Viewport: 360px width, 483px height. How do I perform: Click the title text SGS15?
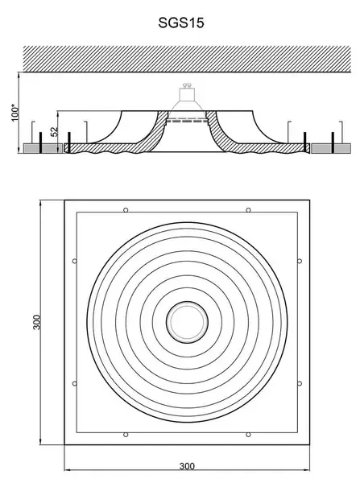pyautogui.click(x=181, y=23)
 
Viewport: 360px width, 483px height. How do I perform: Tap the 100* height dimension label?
pyautogui.click(x=15, y=113)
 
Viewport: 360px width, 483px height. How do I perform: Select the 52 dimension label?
pyautogui.click(x=54, y=131)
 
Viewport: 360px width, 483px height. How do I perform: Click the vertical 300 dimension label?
pyautogui.click(x=37, y=322)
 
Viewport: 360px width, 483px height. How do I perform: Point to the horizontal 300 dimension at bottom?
pyautogui.click(x=187, y=466)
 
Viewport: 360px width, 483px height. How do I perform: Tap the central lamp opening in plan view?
pyautogui.click(x=187, y=322)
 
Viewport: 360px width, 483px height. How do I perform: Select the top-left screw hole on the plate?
pyautogui.click(x=126, y=210)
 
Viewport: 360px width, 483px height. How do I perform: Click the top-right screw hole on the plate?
pyautogui.click(x=248, y=210)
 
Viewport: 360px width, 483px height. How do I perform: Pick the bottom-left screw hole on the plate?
pyautogui.click(x=126, y=435)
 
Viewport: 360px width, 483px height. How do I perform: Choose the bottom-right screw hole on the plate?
pyautogui.click(x=248, y=435)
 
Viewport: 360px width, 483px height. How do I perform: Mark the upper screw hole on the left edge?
pyautogui.click(x=75, y=261)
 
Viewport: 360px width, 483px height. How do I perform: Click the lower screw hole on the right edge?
pyautogui.click(x=300, y=383)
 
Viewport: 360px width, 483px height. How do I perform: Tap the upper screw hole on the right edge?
pyautogui.click(x=300, y=261)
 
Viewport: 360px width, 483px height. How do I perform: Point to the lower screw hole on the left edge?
pyautogui.click(x=75, y=383)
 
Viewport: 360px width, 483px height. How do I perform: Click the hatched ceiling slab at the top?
pyautogui.click(x=187, y=59)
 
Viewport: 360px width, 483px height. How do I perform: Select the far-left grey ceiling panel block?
pyautogui.click(x=43, y=148)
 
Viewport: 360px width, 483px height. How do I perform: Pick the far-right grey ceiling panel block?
pyautogui.click(x=331, y=148)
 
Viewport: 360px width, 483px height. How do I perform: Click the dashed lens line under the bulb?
pyautogui.click(x=186, y=121)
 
